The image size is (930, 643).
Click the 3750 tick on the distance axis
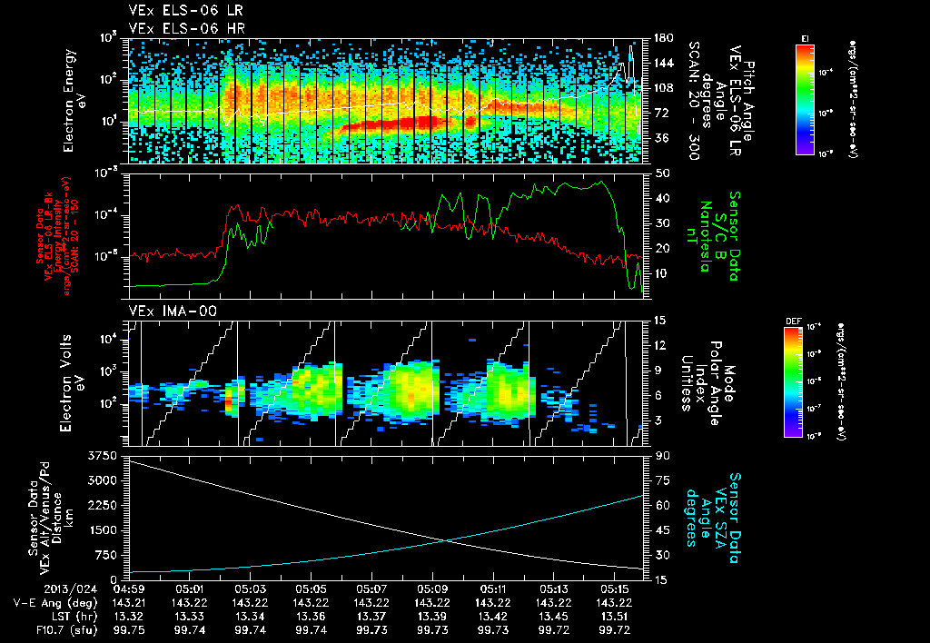[105, 454]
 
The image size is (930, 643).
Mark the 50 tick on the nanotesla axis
[662, 173]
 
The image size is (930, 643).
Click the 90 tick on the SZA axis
[661, 454]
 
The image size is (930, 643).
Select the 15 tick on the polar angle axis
[661, 320]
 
